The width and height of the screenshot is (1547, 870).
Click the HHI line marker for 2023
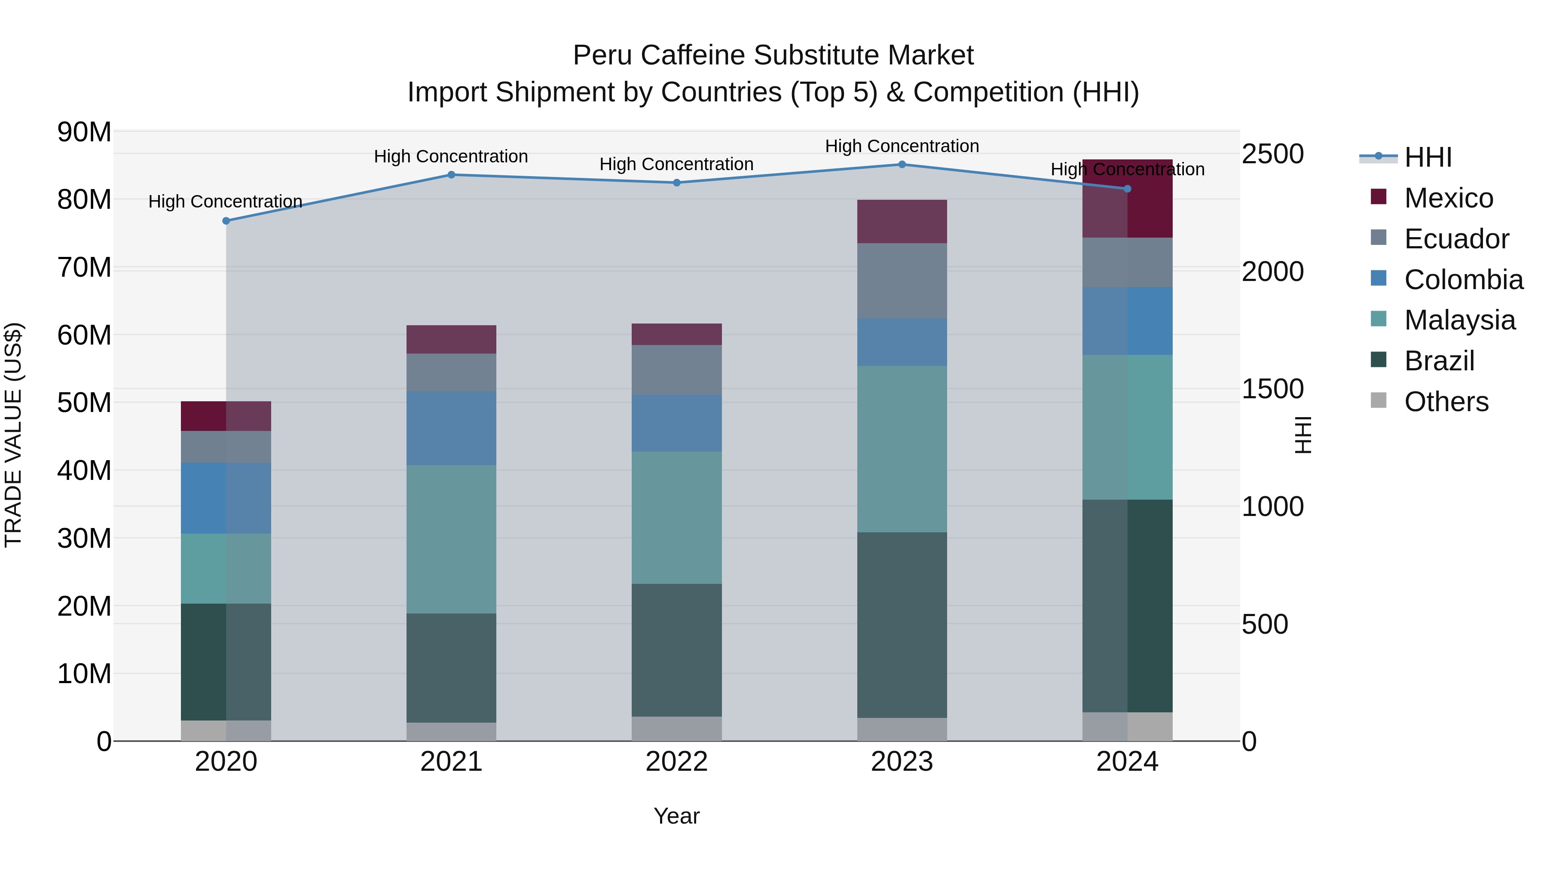pos(902,165)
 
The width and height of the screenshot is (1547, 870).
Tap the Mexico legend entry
pos(1448,198)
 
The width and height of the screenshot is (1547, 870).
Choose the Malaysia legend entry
pos(1459,320)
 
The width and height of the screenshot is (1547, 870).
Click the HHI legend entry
pos(1428,157)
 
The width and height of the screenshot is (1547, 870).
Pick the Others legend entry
pos(1446,402)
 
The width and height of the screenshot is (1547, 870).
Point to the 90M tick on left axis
pos(84,132)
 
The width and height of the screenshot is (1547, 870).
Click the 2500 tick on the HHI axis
pos(1272,154)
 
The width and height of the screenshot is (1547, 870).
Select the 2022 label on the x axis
pos(676,762)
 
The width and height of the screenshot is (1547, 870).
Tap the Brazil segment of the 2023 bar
pos(902,624)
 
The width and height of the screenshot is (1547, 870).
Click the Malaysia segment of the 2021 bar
pos(451,539)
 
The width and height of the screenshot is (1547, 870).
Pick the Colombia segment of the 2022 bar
pos(676,423)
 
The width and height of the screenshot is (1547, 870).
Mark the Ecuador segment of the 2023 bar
pos(902,281)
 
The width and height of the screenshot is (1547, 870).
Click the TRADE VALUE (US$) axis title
pos(13,435)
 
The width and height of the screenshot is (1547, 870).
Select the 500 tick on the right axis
pos(1264,624)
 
